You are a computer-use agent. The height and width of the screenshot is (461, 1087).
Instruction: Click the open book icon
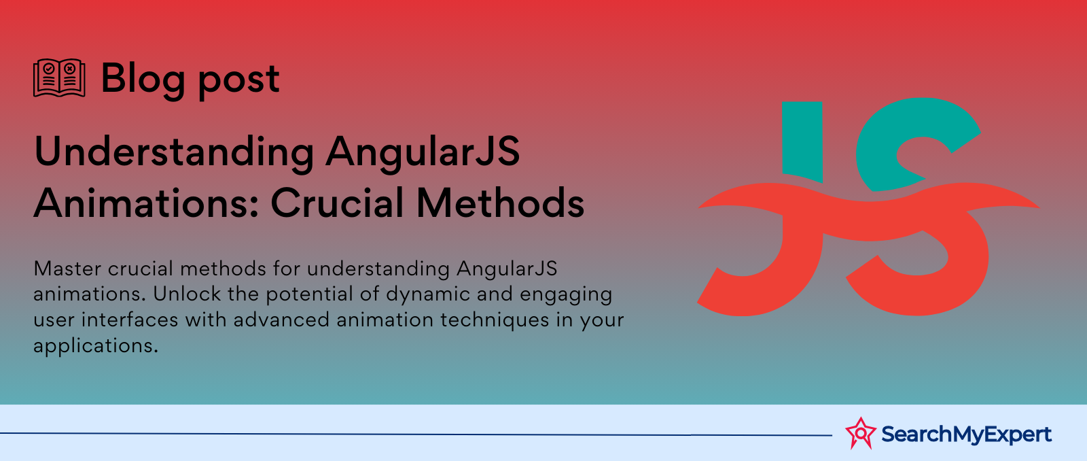(x=59, y=78)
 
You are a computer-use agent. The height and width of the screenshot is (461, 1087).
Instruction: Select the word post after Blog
(x=238, y=82)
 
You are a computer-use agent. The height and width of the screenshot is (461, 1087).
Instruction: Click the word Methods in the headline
(x=501, y=203)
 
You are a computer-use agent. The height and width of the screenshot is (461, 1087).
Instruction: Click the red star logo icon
(x=861, y=433)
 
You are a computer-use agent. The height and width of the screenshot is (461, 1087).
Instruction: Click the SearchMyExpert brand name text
(x=966, y=434)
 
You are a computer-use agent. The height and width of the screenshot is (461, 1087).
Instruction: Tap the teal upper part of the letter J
(x=802, y=141)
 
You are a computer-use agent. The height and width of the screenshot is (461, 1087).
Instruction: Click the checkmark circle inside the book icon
(x=49, y=69)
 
